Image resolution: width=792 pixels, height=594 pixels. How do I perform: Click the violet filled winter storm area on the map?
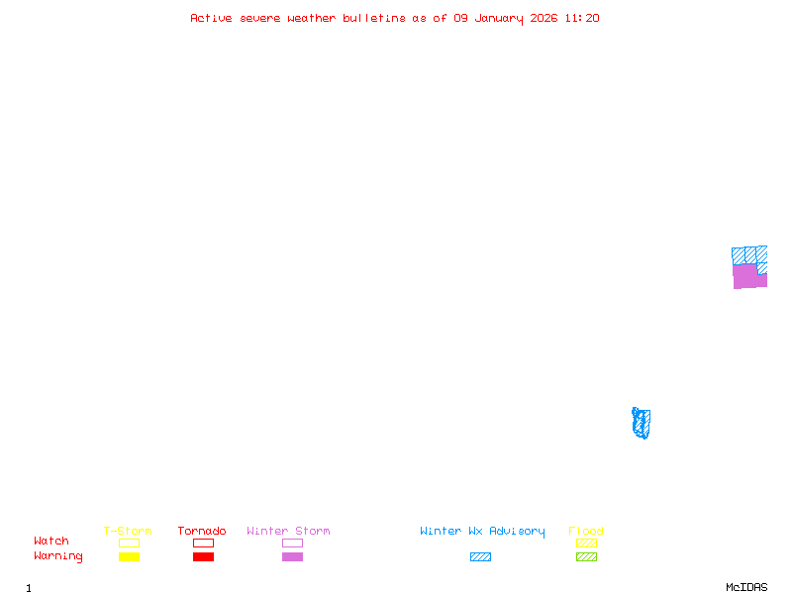pyautogui.click(x=747, y=276)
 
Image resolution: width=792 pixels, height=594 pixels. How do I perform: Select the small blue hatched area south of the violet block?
pyautogui.click(x=642, y=423)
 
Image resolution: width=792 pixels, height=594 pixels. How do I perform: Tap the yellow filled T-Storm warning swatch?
pyautogui.click(x=129, y=557)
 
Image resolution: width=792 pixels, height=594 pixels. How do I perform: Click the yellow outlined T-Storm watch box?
pyautogui.click(x=129, y=544)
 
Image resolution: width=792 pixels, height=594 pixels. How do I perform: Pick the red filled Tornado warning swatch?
pyautogui.click(x=203, y=557)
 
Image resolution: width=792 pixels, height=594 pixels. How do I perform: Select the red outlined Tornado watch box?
pyautogui.click(x=203, y=544)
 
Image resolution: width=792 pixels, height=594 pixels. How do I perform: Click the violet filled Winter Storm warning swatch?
pyautogui.click(x=292, y=557)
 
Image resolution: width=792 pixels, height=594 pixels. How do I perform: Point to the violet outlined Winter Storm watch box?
pyautogui.click(x=292, y=544)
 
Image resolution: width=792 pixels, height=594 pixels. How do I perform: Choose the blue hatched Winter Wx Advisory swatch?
pyautogui.click(x=480, y=557)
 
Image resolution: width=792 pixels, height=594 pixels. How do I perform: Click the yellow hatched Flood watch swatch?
pyautogui.click(x=586, y=544)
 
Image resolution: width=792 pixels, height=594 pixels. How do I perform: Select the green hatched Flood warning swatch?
pyautogui.click(x=586, y=557)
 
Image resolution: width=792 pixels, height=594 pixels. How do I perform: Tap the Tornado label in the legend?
pyautogui.click(x=202, y=532)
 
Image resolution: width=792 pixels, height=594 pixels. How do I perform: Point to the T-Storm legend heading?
pyautogui.click(x=128, y=532)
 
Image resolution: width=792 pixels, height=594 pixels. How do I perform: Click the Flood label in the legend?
pyautogui.click(x=586, y=532)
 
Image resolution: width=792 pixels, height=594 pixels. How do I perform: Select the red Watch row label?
pyautogui.click(x=51, y=542)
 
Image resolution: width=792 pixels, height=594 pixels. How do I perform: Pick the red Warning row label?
pyautogui.click(x=58, y=556)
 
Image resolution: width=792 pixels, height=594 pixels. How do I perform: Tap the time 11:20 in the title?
pyautogui.click(x=581, y=18)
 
